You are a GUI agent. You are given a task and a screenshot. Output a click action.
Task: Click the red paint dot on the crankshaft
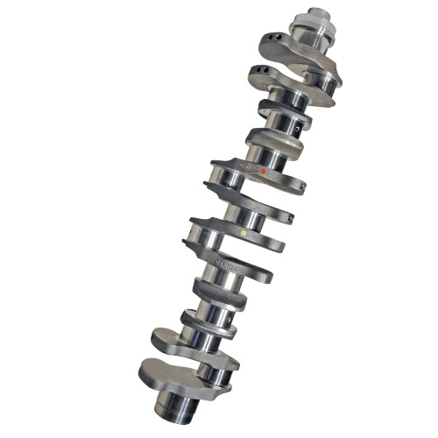[x=264, y=172]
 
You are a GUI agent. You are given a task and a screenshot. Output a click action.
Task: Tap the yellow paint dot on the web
[x=244, y=234]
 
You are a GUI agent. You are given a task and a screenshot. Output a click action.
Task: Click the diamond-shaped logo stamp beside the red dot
[x=249, y=166]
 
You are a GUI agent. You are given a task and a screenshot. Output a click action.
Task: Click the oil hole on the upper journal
[x=298, y=128]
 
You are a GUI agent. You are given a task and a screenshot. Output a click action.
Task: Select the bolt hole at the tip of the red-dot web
[x=302, y=187]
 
